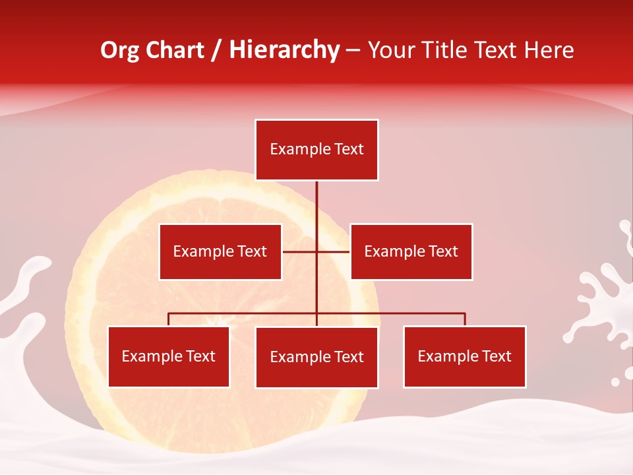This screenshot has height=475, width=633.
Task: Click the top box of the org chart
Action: point(316,150)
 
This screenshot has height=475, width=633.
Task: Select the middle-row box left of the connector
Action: point(220,251)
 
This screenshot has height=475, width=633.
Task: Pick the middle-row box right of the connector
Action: point(411,251)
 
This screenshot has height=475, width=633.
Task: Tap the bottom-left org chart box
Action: point(168,356)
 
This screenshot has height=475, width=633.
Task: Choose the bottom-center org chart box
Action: point(316,357)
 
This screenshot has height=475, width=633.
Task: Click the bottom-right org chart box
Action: point(464,356)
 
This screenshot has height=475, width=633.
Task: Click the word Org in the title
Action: point(119,50)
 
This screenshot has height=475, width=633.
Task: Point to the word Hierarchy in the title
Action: point(284,50)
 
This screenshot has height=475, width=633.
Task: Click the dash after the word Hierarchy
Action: point(353,51)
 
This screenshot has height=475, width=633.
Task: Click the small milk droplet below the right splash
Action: point(615,381)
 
